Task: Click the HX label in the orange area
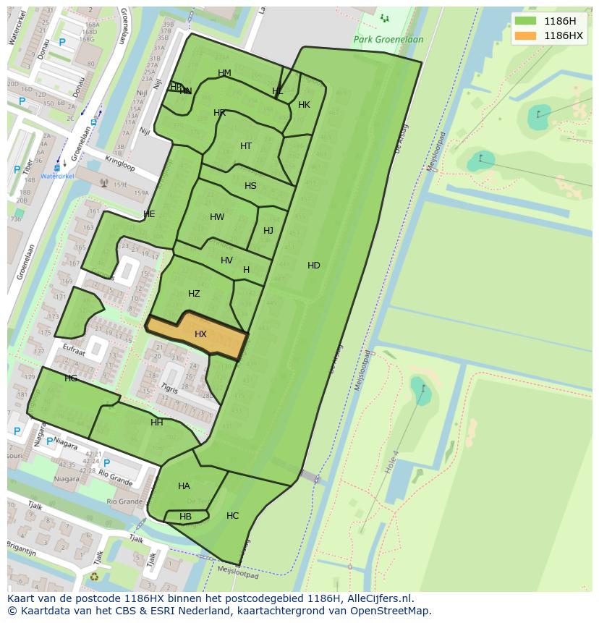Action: pos(200,334)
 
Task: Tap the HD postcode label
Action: pos(313,266)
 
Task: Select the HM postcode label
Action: pos(224,73)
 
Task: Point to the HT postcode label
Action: pos(246,146)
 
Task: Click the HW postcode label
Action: pos(217,217)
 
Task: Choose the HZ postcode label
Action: pos(194,294)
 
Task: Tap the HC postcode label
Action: pos(232,516)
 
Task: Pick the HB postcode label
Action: pos(185,517)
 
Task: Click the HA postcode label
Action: pos(184,486)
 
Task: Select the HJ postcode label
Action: pos(268,231)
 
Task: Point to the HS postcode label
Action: pos(250,186)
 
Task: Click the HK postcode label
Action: pos(304,105)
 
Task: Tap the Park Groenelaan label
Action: pos(388,40)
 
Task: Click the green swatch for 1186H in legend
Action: pos(526,21)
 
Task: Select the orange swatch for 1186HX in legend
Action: pos(526,35)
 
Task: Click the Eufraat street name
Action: pos(75,349)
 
